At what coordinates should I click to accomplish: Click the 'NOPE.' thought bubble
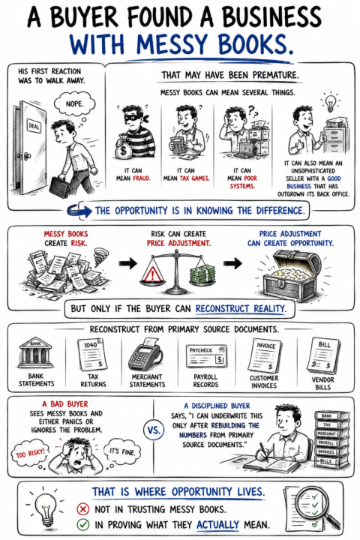(74, 103)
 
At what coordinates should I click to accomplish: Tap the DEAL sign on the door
(34, 126)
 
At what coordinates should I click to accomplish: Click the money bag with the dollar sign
(124, 148)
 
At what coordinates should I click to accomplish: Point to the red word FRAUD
(142, 178)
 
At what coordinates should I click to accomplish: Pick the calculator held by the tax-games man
(178, 145)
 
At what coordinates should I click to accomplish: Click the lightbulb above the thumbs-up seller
(330, 101)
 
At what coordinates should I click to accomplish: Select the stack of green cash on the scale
(202, 274)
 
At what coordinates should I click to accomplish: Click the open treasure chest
(290, 274)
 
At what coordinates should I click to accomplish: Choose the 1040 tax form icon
(92, 354)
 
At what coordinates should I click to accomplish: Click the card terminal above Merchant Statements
(145, 354)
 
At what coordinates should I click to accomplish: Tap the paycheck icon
(206, 356)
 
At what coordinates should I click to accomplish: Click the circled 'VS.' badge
(154, 430)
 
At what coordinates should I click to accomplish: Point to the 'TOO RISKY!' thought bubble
(30, 452)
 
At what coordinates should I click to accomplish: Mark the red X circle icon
(83, 509)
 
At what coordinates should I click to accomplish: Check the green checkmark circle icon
(83, 525)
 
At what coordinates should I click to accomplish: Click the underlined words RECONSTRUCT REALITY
(241, 308)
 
